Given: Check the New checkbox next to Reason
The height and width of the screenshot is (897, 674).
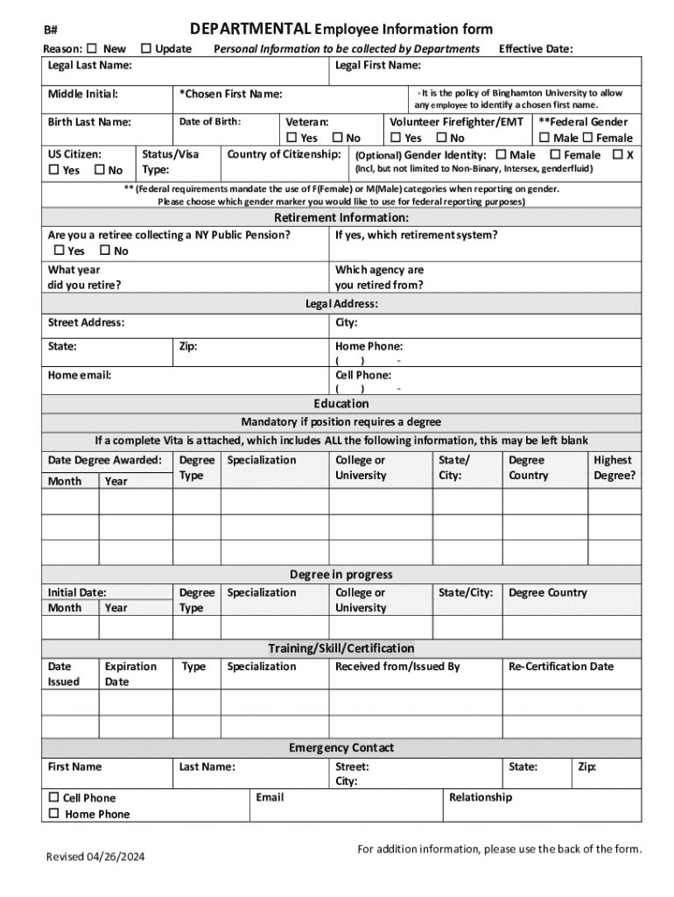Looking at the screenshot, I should (94, 48).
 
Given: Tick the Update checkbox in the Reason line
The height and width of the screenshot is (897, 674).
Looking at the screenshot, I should (145, 48).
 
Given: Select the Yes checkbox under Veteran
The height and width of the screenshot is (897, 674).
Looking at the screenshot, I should (291, 138).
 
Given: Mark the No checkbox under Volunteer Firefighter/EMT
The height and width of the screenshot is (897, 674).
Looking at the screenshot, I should (441, 138).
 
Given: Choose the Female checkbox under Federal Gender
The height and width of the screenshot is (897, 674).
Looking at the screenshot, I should (587, 138).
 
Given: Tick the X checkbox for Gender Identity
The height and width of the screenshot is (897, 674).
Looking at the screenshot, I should (617, 154).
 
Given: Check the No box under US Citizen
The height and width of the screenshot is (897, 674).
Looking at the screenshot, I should (99, 170).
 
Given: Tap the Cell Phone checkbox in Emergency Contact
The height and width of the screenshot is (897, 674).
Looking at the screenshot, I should (53, 797).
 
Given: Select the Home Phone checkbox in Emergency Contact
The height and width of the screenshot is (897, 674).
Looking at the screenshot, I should (53, 814).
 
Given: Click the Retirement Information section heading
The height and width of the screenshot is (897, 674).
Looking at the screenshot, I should (341, 217).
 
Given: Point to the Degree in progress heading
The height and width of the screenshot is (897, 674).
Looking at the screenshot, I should (341, 575).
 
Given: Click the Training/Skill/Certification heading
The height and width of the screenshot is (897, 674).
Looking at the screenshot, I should (341, 648).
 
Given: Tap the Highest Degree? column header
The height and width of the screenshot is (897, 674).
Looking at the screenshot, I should (614, 468).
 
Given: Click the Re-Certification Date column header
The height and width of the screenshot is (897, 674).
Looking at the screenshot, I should (561, 667).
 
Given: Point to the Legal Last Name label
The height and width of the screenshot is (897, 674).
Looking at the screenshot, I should (90, 66).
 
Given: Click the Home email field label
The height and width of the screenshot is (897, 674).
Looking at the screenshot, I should (80, 375).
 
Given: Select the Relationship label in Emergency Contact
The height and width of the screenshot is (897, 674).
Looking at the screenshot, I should (481, 797).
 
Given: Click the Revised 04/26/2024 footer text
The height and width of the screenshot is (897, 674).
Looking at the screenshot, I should (95, 856).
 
